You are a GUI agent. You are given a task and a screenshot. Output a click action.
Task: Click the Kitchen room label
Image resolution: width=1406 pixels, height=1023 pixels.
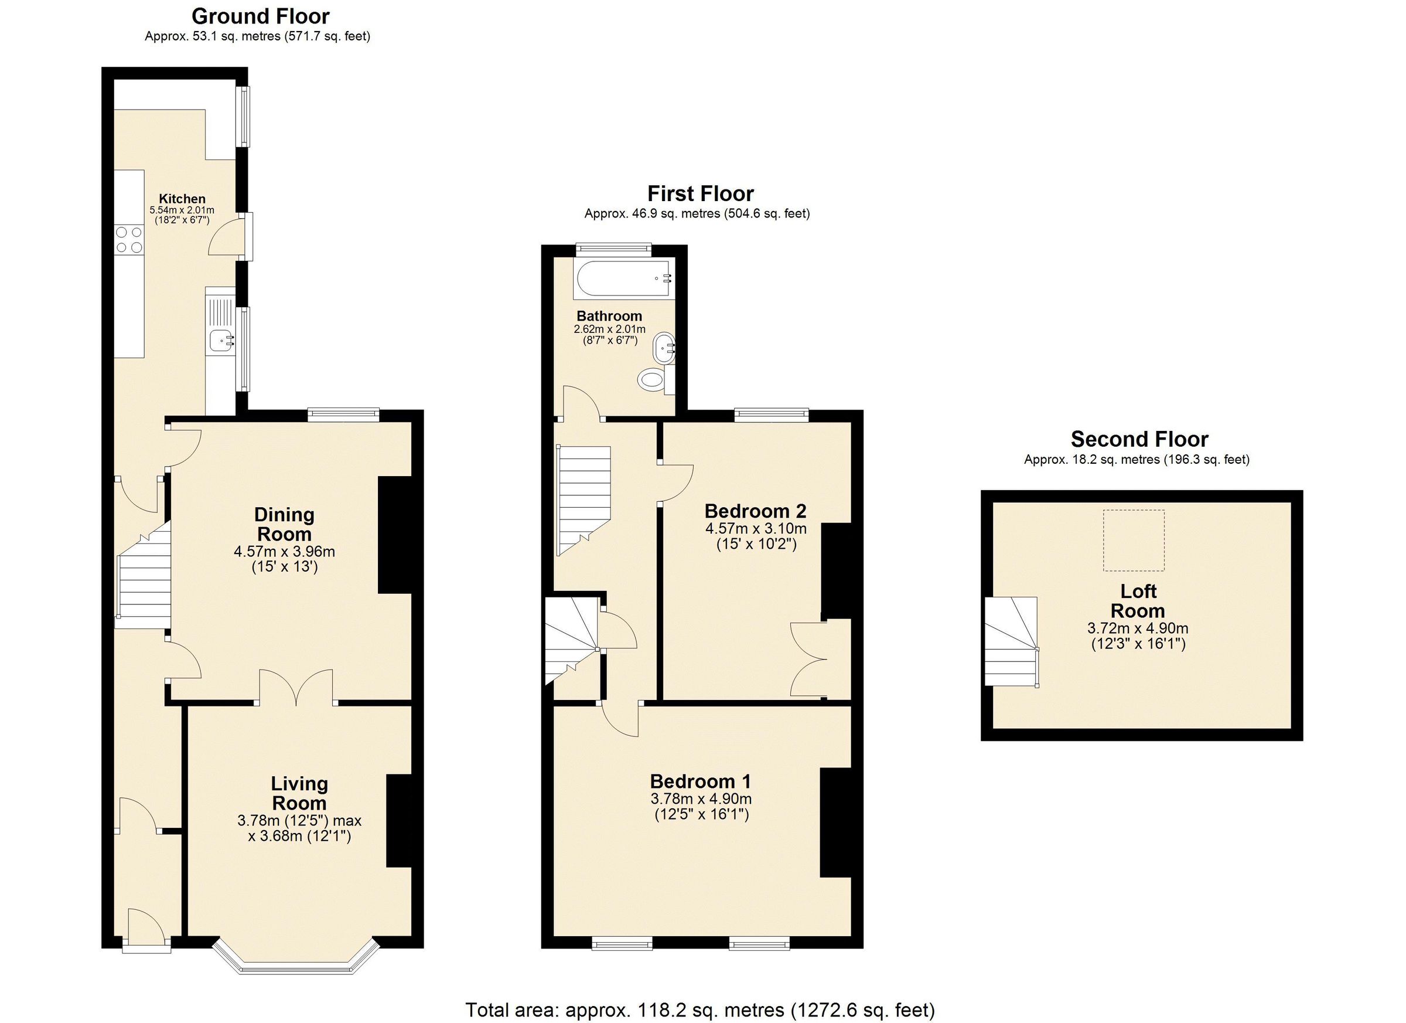coord(182,199)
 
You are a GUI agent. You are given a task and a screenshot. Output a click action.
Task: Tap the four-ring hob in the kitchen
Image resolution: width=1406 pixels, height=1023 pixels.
coord(129,239)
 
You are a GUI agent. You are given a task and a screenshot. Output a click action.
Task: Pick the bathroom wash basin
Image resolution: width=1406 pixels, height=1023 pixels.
coord(663,349)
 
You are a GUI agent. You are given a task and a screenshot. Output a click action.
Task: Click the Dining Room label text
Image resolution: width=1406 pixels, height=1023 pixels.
coord(284,524)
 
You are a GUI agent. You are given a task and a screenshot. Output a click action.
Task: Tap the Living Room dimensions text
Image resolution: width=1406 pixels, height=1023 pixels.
coord(299,828)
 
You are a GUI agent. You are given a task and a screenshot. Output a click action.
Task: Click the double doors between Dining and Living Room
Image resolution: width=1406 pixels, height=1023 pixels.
coord(296,689)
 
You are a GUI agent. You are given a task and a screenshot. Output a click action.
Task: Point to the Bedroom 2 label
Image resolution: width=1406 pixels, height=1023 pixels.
coord(755,511)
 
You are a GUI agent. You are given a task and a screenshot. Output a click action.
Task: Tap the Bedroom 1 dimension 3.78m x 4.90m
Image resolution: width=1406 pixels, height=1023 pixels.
coord(701,799)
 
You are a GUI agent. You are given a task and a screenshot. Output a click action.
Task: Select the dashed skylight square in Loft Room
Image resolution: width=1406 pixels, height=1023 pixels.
coord(1133,540)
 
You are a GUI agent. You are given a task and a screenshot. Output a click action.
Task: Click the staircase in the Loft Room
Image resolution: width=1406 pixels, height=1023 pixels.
coord(1011,642)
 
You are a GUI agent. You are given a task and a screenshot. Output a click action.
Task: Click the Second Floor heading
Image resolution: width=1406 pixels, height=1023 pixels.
coord(1139,439)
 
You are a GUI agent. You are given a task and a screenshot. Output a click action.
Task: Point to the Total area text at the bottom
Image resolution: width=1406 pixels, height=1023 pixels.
coord(699,1010)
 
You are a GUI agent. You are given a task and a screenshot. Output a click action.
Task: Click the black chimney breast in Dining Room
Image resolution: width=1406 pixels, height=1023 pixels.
coord(394,535)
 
